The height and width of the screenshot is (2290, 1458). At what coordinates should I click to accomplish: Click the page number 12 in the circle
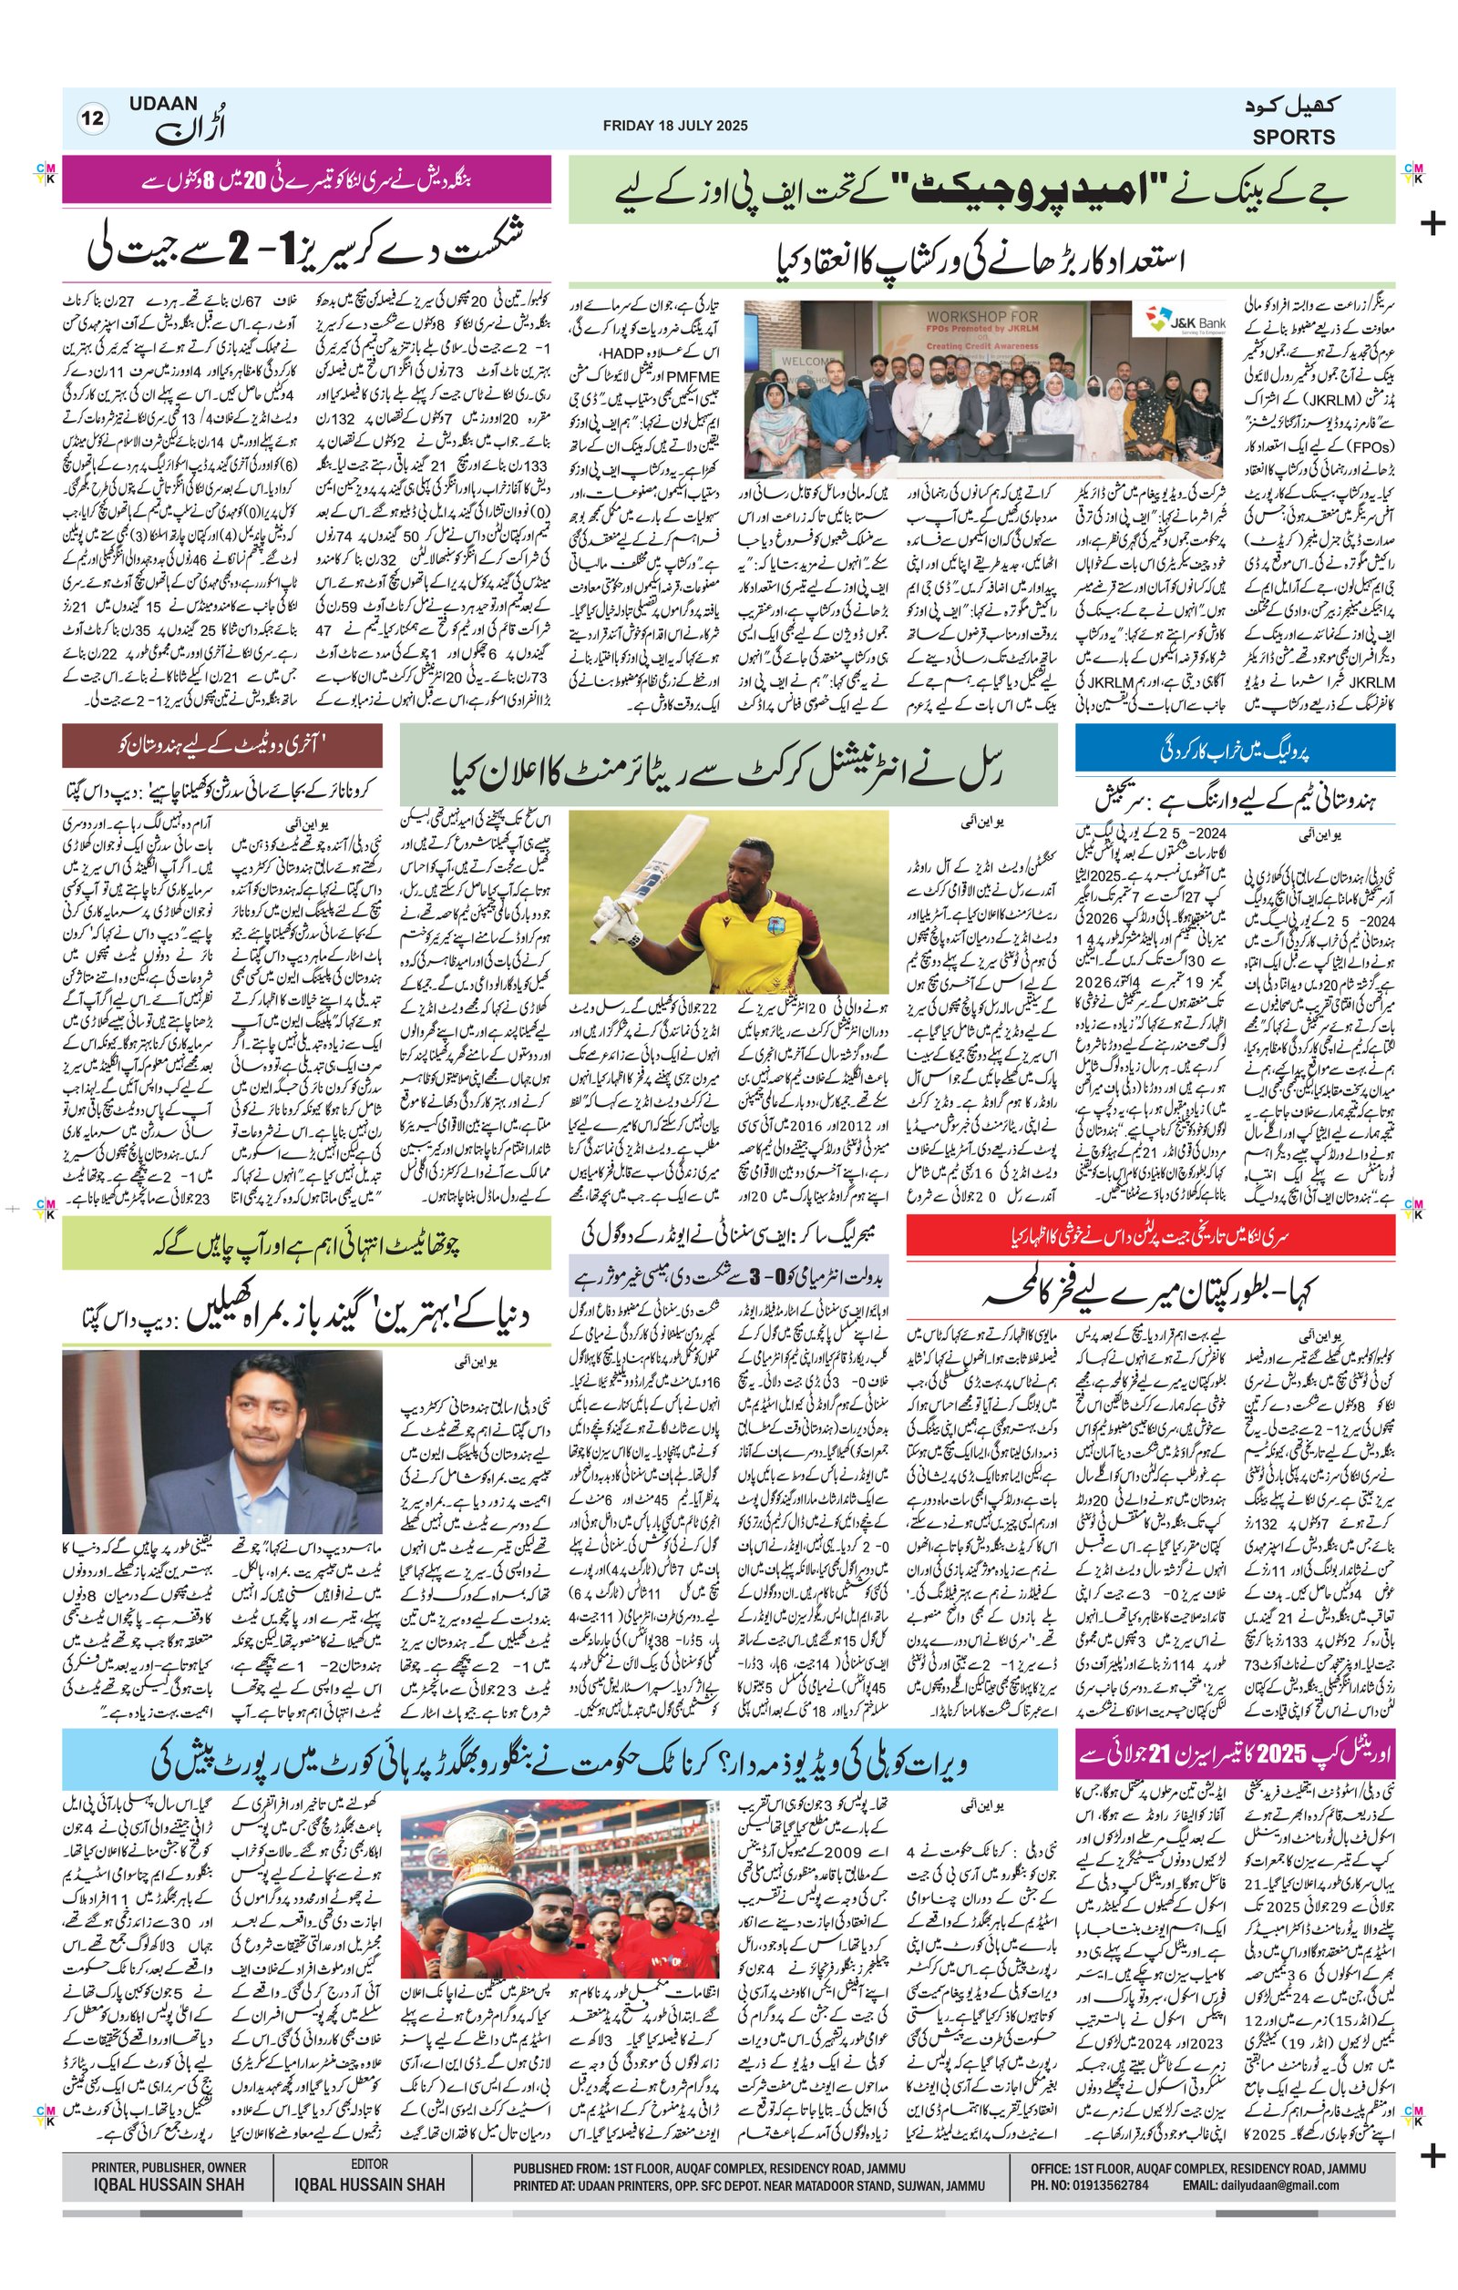(93, 119)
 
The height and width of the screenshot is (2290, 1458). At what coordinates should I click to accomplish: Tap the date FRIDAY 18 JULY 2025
(674, 126)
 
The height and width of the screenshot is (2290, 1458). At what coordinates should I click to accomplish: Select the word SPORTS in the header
(1292, 137)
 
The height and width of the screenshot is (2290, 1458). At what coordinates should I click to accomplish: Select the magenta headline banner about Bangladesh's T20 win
(306, 179)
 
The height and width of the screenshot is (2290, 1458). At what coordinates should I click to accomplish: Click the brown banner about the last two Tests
(222, 746)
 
